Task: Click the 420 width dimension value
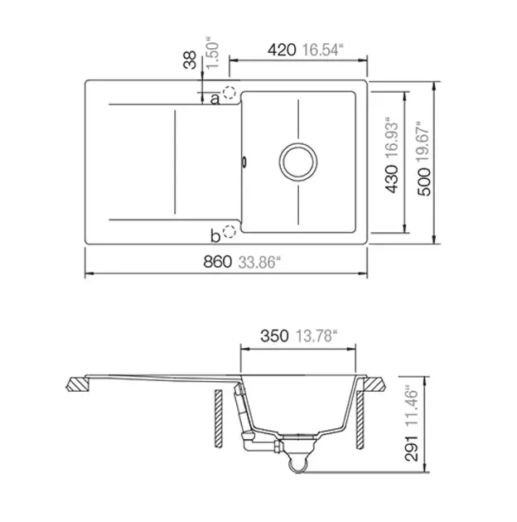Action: [282, 50]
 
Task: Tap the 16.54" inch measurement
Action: [322, 50]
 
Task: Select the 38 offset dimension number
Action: [190, 60]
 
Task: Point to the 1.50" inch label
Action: [213, 56]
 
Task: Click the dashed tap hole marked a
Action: [230, 92]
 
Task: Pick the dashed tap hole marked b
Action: [230, 231]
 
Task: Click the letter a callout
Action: [215, 99]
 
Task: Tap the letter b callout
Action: [215, 236]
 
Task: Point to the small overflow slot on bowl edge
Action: [244, 162]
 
